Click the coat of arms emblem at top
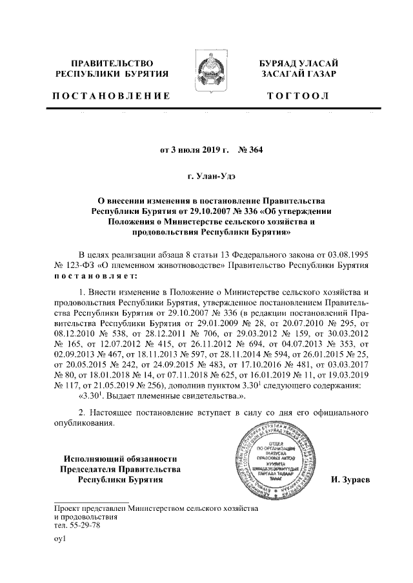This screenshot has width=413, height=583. click(206, 70)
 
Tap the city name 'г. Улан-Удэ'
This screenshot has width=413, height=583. click(206, 175)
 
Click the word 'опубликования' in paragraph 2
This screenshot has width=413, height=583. click(84, 424)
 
